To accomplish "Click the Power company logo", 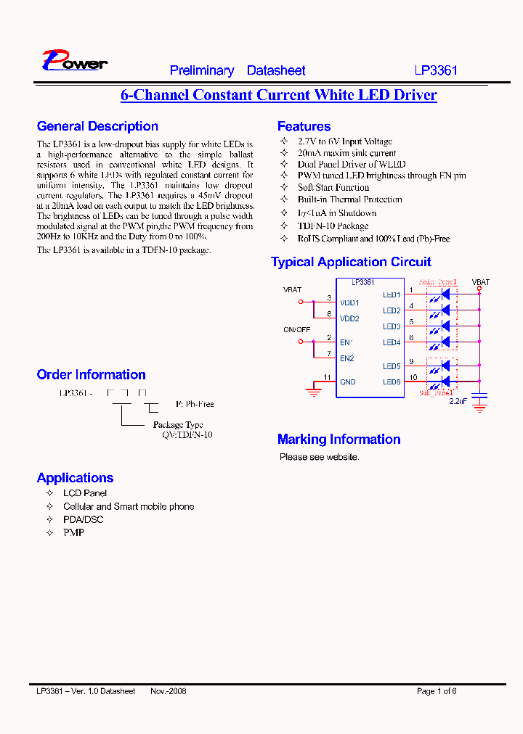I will (74, 61).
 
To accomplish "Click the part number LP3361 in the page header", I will (436, 71).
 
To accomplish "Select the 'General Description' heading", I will (97, 126).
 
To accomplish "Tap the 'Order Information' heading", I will (91, 375).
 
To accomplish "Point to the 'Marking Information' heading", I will (338, 440).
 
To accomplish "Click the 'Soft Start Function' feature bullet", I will (333, 187).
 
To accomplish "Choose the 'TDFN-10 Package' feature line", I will (333, 226).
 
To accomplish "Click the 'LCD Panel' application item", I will (85, 493).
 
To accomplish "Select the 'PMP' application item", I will (73, 532).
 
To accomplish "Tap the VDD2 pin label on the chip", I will (349, 318).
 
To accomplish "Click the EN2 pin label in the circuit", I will (347, 358).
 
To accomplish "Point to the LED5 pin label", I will (392, 366).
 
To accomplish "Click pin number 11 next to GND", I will (327, 377).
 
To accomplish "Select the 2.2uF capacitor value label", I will (458, 400).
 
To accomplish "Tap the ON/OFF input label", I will (296, 329).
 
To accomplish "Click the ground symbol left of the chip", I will (314, 392).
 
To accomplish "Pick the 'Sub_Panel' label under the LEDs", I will (436, 392).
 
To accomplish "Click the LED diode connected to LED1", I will (445, 294).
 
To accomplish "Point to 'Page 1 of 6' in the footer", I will (437, 691).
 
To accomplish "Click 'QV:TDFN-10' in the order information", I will (187, 435).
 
